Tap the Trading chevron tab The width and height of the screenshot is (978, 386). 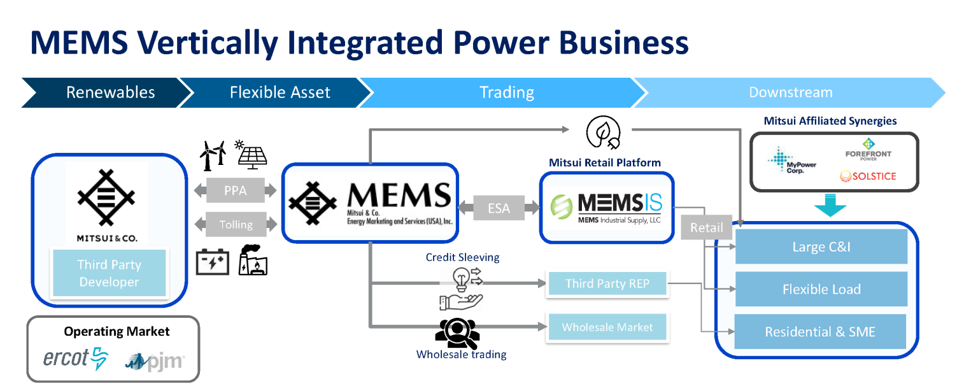[x=506, y=92]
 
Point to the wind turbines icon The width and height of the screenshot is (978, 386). [x=213, y=155]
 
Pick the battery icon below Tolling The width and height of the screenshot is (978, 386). [x=213, y=262]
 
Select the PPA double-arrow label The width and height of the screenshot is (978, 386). [x=236, y=190]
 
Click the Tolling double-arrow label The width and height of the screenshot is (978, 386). [x=236, y=224]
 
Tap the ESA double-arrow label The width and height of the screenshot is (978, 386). [x=498, y=208]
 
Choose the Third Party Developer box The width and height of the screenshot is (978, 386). [x=109, y=273]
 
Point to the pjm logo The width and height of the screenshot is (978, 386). [x=155, y=362]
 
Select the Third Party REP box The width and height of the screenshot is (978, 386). [x=607, y=284]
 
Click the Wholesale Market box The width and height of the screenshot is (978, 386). [x=607, y=327]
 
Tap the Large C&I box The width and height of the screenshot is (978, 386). [x=821, y=247]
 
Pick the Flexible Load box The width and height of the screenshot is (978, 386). [x=821, y=289]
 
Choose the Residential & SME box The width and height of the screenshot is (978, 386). [x=820, y=332]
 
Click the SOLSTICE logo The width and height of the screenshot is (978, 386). [x=867, y=176]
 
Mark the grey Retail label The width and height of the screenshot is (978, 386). [x=707, y=227]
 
